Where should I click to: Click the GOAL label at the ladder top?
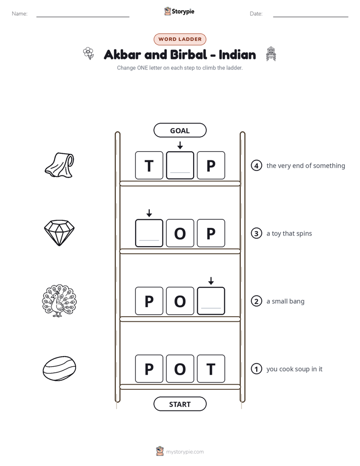click(179, 130)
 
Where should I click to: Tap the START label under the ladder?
click(179, 404)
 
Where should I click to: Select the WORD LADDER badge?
click(179, 39)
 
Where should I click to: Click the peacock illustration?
click(59, 301)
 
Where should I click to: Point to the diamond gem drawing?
click(59, 232)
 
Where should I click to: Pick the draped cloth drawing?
click(59, 165)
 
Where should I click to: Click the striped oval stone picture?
click(59, 369)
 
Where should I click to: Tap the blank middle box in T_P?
click(180, 165)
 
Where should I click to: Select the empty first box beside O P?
click(149, 233)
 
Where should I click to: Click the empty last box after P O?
click(211, 301)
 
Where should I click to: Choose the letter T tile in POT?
click(211, 369)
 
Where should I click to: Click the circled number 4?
click(256, 165)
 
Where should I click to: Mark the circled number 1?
click(256, 369)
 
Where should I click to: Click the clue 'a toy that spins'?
click(289, 234)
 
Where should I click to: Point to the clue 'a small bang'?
click(285, 302)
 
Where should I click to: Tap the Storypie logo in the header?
click(179, 11)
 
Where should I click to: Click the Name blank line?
click(83, 17)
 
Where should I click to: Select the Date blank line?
click(311, 17)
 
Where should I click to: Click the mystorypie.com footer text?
click(185, 452)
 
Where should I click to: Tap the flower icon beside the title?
click(89, 53)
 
